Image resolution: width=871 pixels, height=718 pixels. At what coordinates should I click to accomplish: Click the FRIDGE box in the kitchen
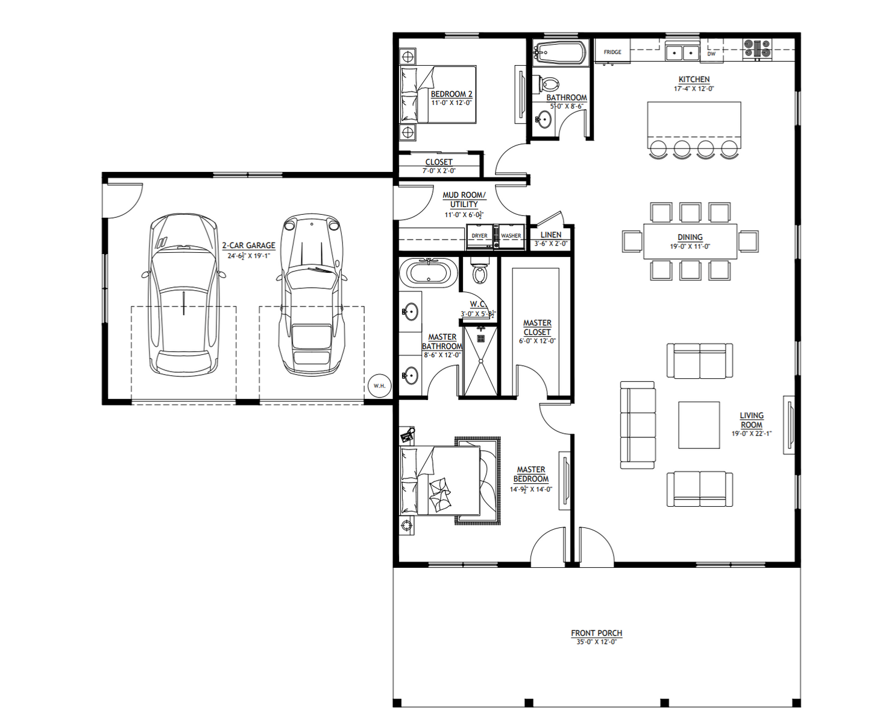point(612,52)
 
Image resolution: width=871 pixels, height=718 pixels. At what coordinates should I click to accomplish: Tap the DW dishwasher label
point(711,54)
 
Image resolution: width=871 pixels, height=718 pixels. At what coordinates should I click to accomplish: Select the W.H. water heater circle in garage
point(379,386)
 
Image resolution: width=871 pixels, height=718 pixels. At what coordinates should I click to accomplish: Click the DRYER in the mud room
point(480,237)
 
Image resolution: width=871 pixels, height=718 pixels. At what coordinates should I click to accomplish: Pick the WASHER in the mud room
point(511,237)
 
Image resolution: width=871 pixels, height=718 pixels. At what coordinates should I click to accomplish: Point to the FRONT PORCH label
point(596,633)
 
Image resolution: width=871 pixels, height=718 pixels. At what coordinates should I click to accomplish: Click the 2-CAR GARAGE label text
point(248,246)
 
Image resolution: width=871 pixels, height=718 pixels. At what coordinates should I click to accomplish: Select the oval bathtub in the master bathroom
point(428,272)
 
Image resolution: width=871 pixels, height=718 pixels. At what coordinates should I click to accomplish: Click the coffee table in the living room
point(699,425)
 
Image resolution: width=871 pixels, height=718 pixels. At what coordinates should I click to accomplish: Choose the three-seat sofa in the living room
point(638,425)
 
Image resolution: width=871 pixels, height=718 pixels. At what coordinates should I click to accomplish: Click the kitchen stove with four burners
point(757,49)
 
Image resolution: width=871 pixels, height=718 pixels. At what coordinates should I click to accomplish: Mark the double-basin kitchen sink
point(682,52)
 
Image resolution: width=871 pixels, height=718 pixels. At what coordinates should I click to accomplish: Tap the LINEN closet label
point(551,235)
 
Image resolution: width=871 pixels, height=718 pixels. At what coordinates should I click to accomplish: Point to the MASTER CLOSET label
point(537,328)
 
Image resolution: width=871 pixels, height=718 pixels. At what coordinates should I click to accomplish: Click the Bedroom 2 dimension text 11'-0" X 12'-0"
point(451,103)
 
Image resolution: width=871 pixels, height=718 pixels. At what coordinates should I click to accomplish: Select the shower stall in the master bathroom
point(481,361)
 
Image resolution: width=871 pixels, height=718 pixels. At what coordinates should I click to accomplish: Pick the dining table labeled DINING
point(690,241)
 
